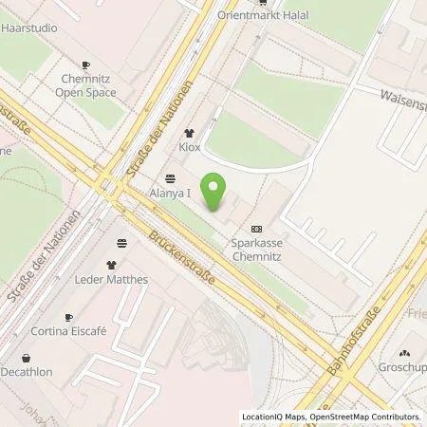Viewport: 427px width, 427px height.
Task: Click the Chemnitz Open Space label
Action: [x=85, y=86]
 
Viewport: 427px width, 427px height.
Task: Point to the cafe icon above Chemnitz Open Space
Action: [x=85, y=65]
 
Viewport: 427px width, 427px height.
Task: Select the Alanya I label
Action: [x=170, y=193]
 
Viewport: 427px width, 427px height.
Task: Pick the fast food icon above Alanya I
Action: [x=170, y=177]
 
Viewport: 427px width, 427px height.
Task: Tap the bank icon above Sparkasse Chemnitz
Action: [x=256, y=229]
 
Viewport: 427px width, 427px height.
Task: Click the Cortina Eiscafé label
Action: [x=67, y=333]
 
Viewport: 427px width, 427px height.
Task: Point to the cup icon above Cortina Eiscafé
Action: [x=67, y=317]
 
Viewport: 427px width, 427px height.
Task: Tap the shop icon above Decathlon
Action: [x=26, y=358]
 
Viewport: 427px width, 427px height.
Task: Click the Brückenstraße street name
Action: [x=180, y=257]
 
